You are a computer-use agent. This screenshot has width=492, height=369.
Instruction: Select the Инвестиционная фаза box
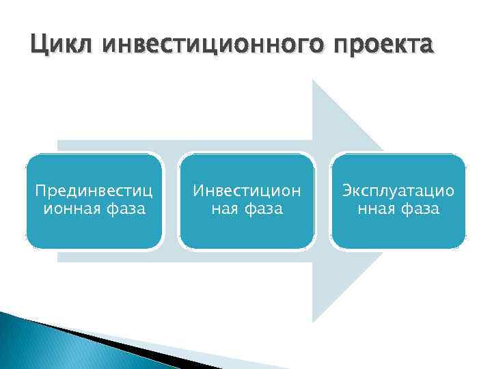pos(247,200)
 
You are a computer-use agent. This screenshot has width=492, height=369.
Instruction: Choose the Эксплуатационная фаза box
pos(399,200)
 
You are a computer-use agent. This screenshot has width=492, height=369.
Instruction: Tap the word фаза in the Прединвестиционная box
pos(125,208)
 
